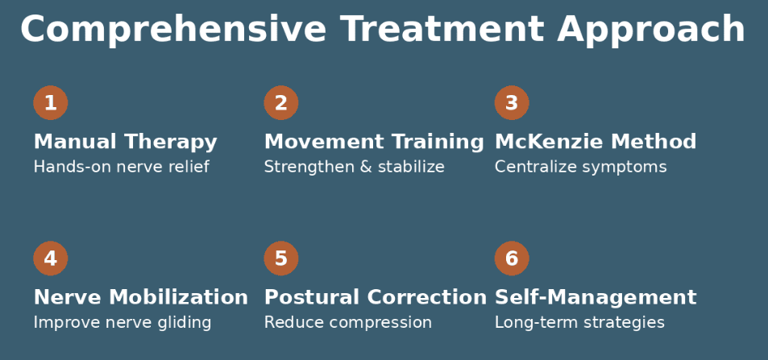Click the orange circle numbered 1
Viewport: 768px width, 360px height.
point(50,103)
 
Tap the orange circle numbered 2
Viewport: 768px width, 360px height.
point(280,103)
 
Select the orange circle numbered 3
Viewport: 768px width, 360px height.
point(511,103)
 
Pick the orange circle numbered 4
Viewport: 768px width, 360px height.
point(50,259)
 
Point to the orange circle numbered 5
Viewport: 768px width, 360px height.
point(280,259)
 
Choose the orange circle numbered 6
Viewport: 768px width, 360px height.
point(511,259)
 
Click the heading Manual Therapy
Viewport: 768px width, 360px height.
point(125,143)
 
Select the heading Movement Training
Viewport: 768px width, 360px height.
point(374,143)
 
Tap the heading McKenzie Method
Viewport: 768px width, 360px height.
point(595,143)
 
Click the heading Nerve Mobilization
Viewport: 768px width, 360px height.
point(140,298)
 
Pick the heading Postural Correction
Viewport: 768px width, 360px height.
point(376,298)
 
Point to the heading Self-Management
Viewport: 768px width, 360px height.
point(595,298)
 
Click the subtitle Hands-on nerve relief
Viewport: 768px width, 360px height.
point(121,168)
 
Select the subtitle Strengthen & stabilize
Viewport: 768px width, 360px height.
point(354,168)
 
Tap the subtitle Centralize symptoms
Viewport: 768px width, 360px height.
point(580,168)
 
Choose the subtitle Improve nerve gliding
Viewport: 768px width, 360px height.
point(122,323)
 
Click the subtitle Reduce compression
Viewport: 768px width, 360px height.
point(348,323)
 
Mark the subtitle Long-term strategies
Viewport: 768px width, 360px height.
point(579,323)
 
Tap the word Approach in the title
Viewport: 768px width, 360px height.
point(651,31)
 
